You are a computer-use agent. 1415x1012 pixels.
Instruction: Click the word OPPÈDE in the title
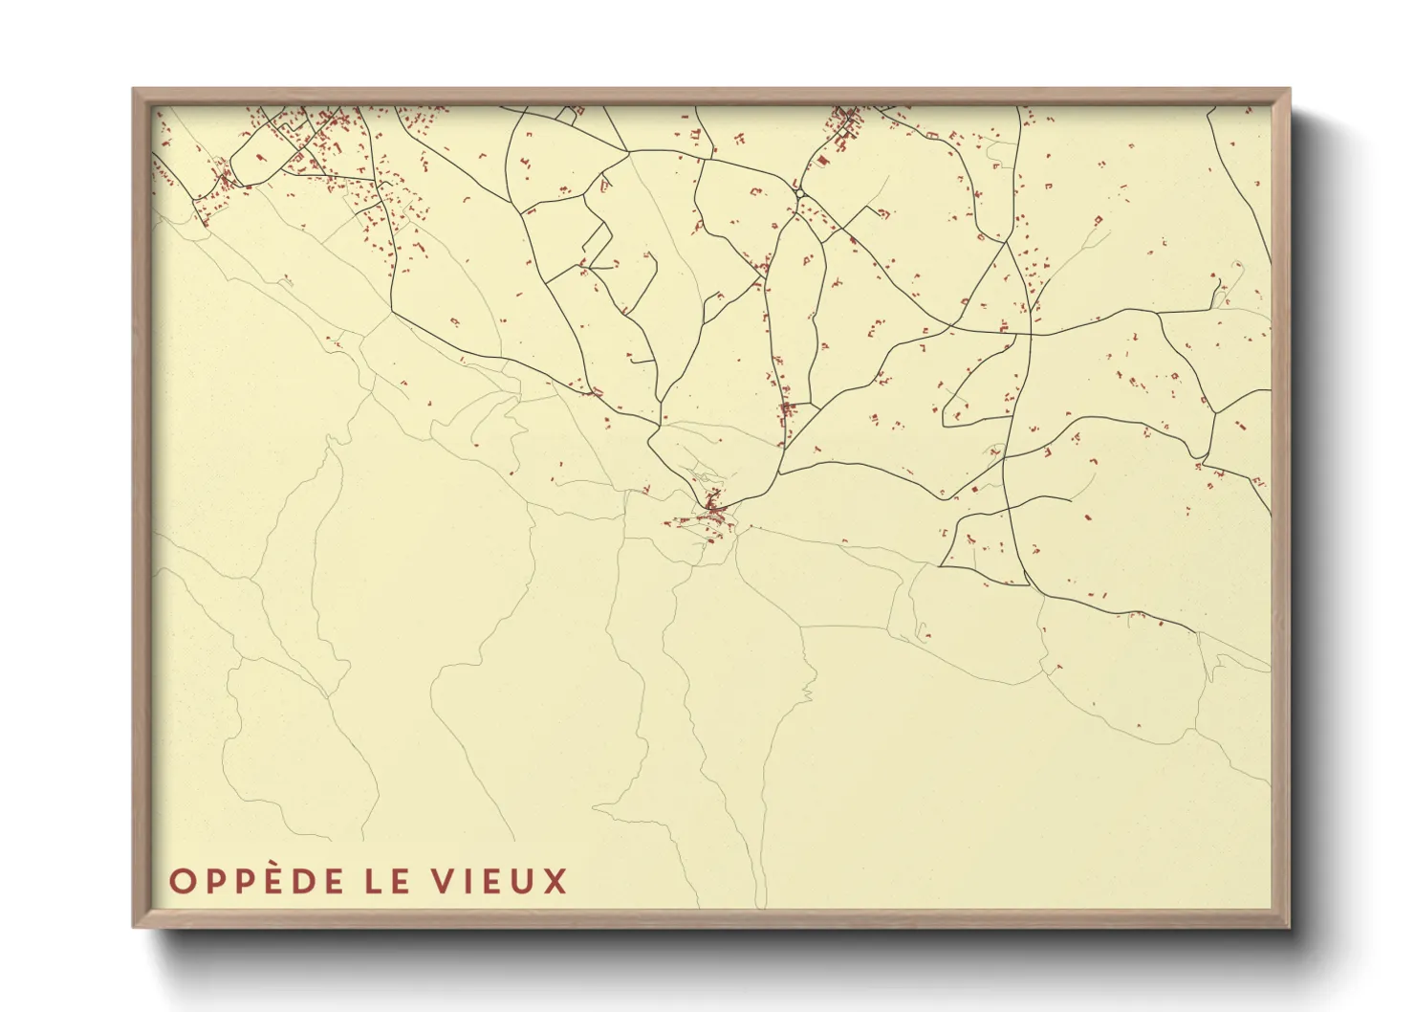pyautogui.click(x=256, y=881)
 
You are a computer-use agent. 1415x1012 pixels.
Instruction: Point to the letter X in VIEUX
pyautogui.click(x=555, y=881)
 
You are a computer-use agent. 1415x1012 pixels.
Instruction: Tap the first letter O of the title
pyautogui.click(x=181, y=881)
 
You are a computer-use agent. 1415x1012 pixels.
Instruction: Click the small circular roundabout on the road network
pyautogui.click(x=799, y=194)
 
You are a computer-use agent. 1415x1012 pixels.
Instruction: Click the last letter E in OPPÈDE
pyautogui.click(x=332, y=881)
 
